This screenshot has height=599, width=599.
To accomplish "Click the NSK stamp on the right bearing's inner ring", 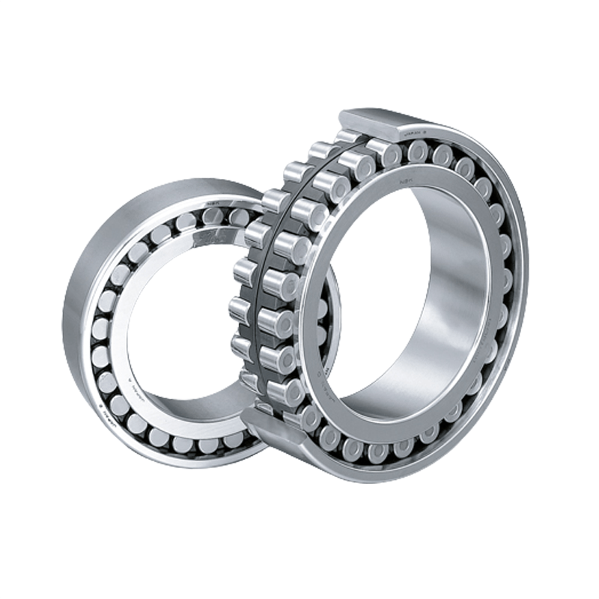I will (x=407, y=179).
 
